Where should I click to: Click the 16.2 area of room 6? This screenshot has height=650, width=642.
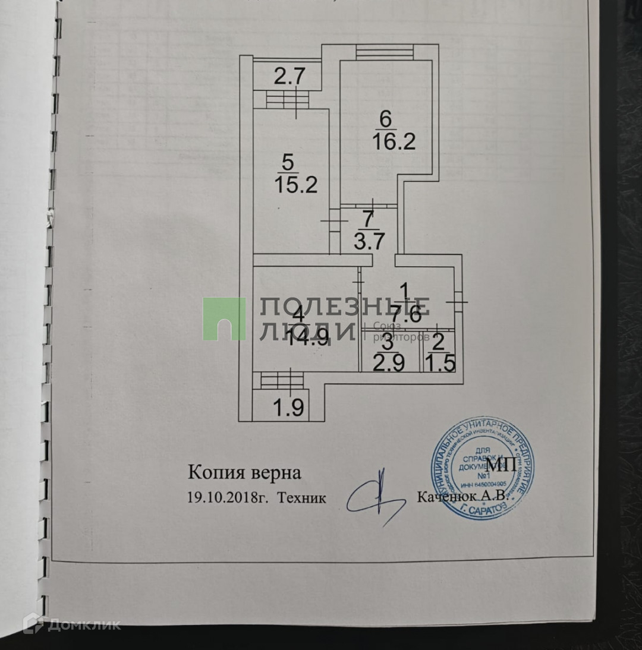(x=394, y=142)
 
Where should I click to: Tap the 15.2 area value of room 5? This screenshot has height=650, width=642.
(x=296, y=184)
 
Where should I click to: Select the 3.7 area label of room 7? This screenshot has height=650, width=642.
(x=369, y=242)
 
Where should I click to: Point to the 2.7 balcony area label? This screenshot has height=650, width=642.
(x=289, y=77)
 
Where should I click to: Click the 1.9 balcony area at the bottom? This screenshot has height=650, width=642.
(x=288, y=408)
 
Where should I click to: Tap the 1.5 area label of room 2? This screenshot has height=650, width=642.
(x=440, y=362)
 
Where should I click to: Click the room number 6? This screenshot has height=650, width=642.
(x=386, y=119)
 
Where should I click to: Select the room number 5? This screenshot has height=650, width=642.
(x=288, y=161)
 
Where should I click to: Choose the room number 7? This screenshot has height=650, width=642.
(x=369, y=219)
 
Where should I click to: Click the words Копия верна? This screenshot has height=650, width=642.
(x=245, y=473)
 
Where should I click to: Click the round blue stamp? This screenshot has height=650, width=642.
(x=482, y=469)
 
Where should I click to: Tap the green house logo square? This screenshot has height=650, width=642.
(x=224, y=318)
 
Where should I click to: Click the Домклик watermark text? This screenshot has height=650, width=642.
(x=83, y=624)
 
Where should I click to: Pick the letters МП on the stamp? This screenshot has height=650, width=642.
(x=501, y=463)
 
